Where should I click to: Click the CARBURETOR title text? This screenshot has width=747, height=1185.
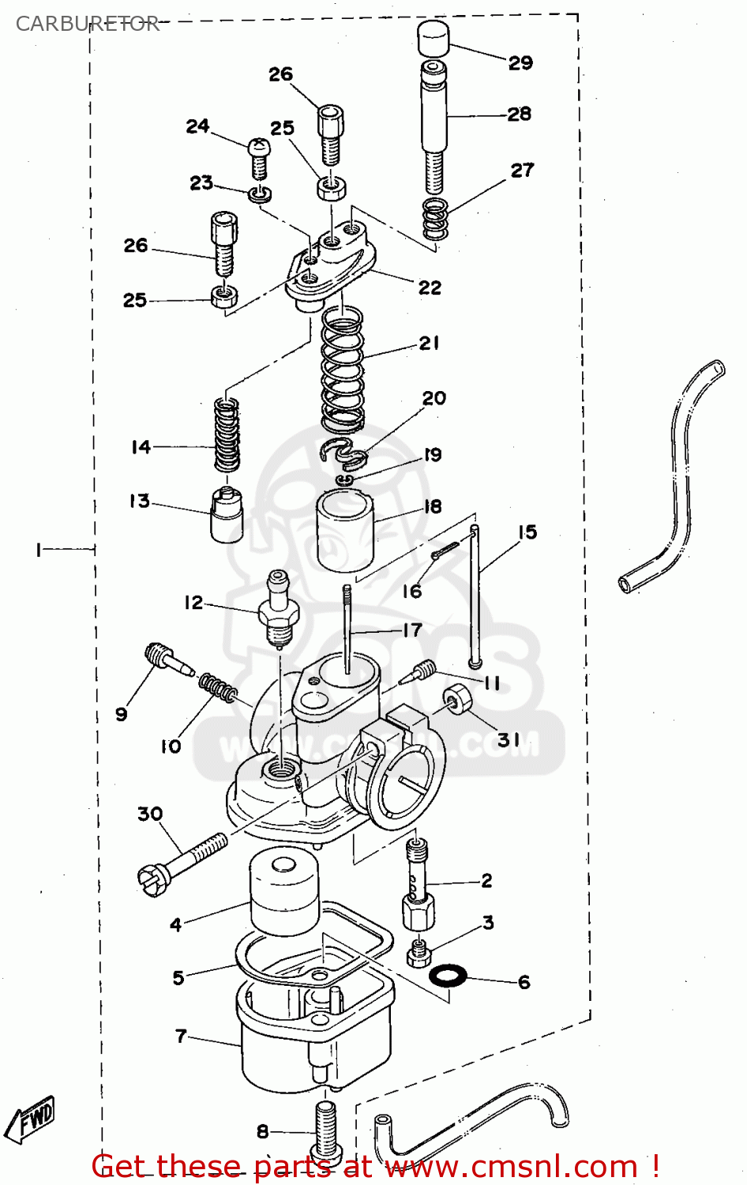(87, 24)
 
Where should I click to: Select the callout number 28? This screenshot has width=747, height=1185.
(519, 114)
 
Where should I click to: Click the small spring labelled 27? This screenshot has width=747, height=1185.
(435, 219)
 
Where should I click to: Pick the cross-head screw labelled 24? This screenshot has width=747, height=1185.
(259, 157)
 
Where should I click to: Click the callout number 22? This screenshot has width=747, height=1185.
(430, 288)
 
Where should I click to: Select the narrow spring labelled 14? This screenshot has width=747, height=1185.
(227, 435)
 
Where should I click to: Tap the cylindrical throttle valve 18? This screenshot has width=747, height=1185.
(345, 530)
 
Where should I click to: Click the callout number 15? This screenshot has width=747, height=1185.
(527, 532)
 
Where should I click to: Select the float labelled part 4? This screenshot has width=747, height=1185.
(283, 892)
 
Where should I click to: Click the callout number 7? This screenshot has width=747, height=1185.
(181, 1036)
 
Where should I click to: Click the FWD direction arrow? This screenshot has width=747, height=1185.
(30, 1120)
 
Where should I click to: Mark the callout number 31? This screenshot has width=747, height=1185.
(509, 740)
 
